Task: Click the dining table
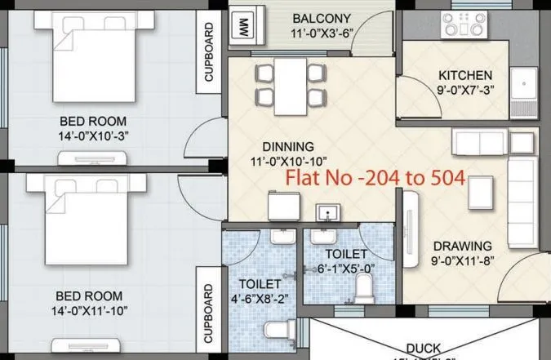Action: coord(291,86)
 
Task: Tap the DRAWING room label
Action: coord(462,246)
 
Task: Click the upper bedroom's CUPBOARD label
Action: coord(209,51)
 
